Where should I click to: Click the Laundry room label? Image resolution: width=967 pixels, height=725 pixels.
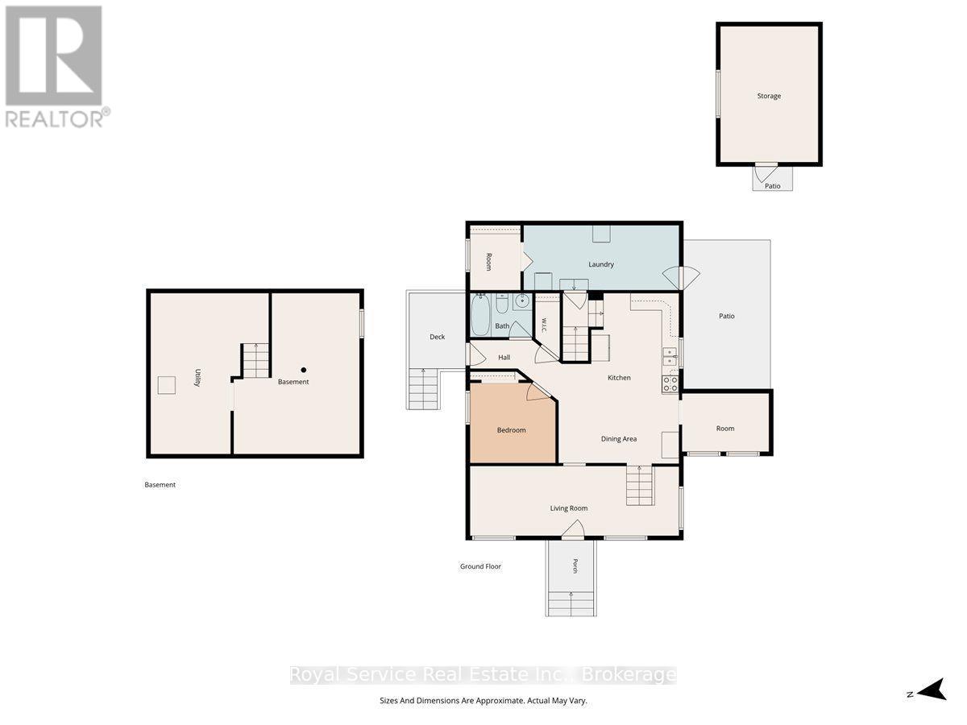pyautogui.click(x=601, y=264)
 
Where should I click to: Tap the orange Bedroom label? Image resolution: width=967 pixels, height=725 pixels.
pyautogui.click(x=511, y=430)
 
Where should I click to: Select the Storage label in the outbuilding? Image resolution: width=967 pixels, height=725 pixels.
pyautogui.click(x=769, y=96)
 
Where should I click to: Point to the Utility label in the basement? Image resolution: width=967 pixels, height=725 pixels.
pyautogui.click(x=197, y=377)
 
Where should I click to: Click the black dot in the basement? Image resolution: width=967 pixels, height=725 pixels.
pyautogui.click(x=304, y=371)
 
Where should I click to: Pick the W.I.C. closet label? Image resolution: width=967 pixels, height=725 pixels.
pyautogui.click(x=545, y=325)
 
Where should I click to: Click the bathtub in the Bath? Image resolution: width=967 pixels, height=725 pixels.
pyautogui.click(x=480, y=315)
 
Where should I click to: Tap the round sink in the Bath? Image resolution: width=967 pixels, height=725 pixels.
pyautogui.click(x=522, y=301)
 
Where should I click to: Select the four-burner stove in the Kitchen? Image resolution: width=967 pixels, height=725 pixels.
pyautogui.click(x=670, y=384)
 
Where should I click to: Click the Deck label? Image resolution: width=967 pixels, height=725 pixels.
pyautogui.click(x=437, y=337)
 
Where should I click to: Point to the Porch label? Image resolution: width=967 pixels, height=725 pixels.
pyautogui.click(x=575, y=565)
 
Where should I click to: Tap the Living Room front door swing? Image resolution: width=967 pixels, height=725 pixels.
pyautogui.click(x=573, y=529)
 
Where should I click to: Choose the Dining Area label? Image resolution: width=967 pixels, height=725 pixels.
pyautogui.click(x=619, y=439)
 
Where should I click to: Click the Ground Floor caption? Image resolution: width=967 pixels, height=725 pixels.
pyautogui.click(x=480, y=566)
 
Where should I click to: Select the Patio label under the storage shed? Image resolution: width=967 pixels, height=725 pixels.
pyautogui.click(x=772, y=186)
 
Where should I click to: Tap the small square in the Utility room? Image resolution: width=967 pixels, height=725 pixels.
pyautogui.click(x=167, y=385)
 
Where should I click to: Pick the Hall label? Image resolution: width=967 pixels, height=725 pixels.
pyautogui.click(x=504, y=358)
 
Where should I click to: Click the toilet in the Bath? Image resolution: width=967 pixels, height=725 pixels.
pyautogui.click(x=502, y=303)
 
